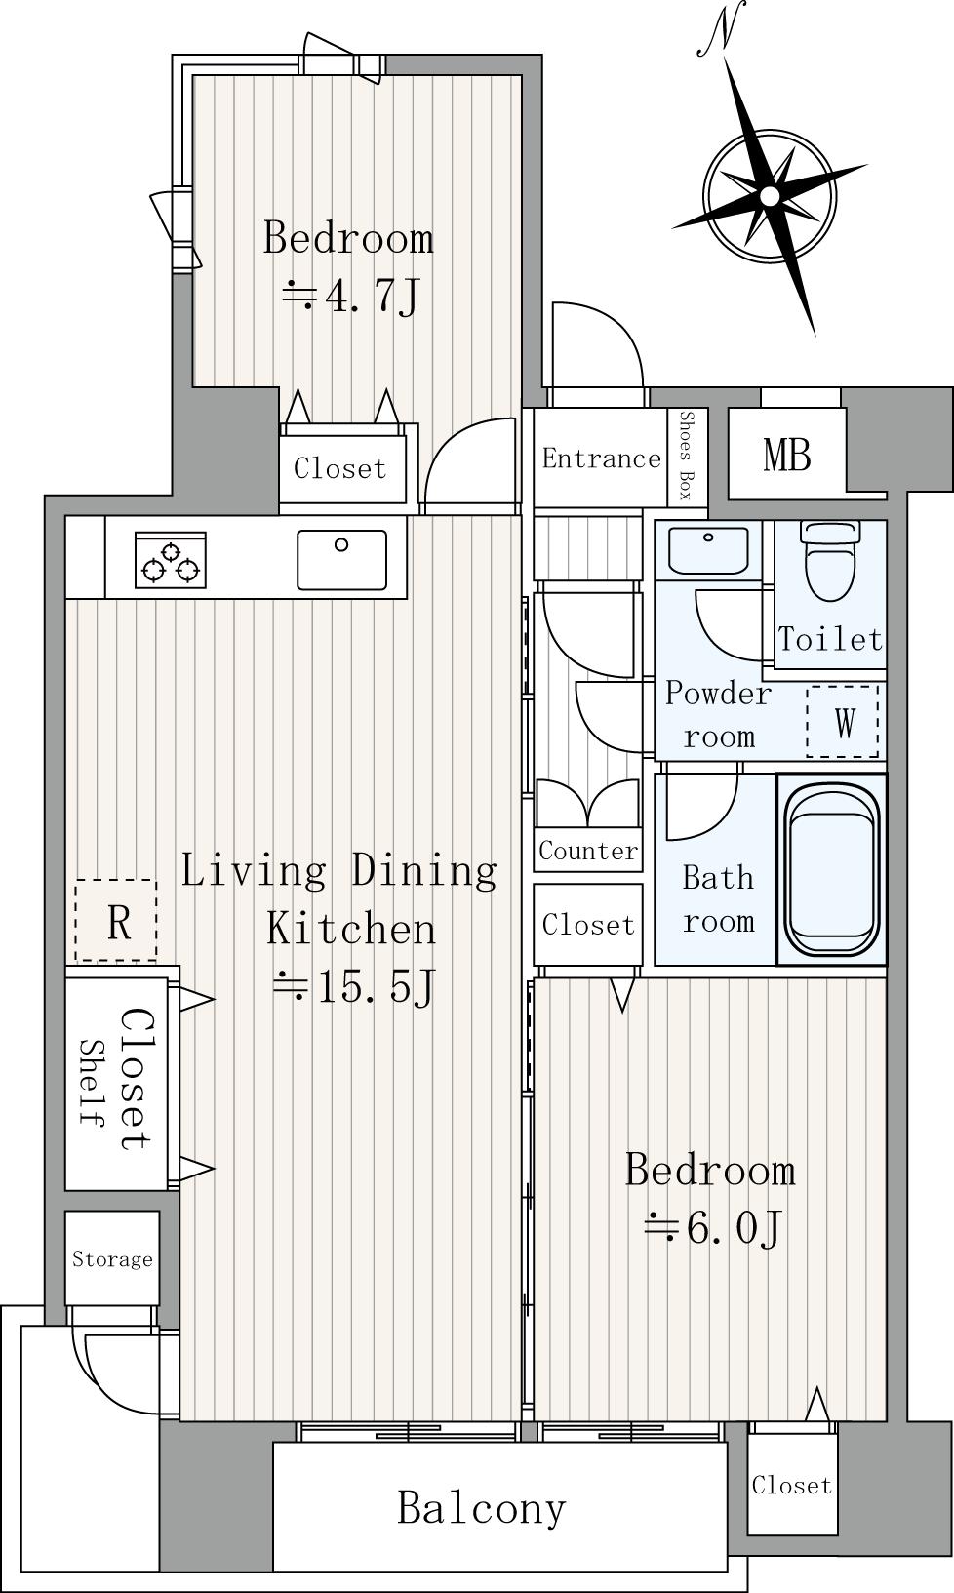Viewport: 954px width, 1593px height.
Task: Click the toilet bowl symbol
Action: pyautogui.click(x=830, y=562)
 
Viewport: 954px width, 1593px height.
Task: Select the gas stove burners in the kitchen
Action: pyautogui.click(x=171, y=560)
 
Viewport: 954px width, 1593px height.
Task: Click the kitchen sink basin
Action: pyautogui.click(x=342, y=560)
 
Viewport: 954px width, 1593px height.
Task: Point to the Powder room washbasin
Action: pyautogui.click(x=708, y=550)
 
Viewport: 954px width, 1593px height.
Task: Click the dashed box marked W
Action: pyautogui.click(x=843, y=721)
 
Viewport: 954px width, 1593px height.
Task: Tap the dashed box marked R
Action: pyautogui.click(x=116, y=920)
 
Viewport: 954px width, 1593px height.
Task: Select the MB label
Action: pyautogui.click(x=787, y=456)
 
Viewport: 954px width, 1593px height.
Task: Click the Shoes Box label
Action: pyautogui.click(x=687, y=456)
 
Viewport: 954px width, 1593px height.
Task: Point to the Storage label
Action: pyautogui.click(x=112, y=1259)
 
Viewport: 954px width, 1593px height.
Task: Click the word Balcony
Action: pyautogui.click(x=481, y=1507)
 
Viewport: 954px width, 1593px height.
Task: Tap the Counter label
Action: pyautogui.click(x=588, y=851)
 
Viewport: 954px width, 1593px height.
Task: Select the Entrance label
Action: pyautogui.click(x=602, y=458)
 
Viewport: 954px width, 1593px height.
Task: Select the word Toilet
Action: pyautogui.click(x=830, y=639)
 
